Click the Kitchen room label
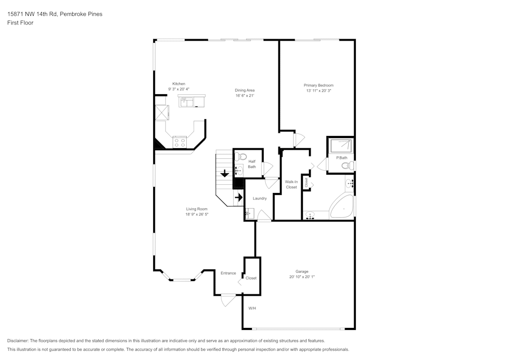click(179, 84)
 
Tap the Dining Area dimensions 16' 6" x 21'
click(244, 96)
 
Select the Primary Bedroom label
click(319, 85)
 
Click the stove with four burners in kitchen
click(180, 141)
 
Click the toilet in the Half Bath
click(242, 156)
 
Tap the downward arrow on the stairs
click(224, 174)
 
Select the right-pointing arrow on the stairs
click(238, 197)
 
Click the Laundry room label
click(260, 198)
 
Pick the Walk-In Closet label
click(291, 184)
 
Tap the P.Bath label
click(342, 157)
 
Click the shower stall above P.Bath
click(341, 146)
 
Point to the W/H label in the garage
click(252, 309)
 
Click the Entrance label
click(228, 273)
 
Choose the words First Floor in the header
click(20, 23)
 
